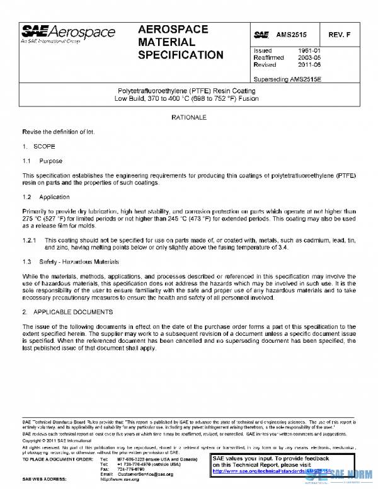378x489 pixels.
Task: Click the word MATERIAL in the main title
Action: click(166, 42)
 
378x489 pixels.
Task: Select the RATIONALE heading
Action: click(188, 118)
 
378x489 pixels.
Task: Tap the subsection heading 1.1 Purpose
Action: click(43, 161)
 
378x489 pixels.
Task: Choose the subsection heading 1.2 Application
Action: click(45, 197)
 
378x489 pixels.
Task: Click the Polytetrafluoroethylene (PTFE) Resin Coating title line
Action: click(189, 91)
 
